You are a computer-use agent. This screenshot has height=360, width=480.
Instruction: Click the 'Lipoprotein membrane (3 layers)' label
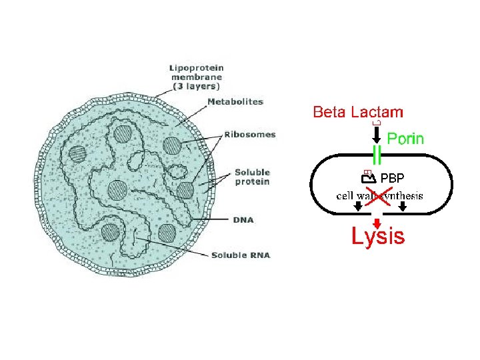(x=197, y=77)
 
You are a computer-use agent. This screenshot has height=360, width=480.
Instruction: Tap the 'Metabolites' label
(x=235, y=102)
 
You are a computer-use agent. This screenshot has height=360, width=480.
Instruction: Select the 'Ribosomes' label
(x=249, y=135)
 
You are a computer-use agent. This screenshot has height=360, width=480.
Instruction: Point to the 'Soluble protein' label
(x=252, y=177)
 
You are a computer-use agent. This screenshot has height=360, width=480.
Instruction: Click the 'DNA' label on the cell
(x=245, y=219)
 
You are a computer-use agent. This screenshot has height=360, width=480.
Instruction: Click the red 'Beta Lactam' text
(x=358, y=112)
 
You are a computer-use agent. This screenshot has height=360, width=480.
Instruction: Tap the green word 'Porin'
(x=405, y=139)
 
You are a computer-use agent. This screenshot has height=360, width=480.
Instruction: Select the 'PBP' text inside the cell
(x=392, y=178)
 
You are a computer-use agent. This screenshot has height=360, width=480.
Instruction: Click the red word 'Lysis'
(x=378, y=237)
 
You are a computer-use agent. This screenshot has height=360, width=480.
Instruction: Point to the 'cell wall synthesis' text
(x=379, y=196)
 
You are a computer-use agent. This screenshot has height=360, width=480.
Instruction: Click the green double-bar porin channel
(x=377, y=155)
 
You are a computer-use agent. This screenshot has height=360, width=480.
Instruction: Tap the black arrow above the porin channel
(x=377, y=135)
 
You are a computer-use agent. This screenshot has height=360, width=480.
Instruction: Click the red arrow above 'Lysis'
(x=377, y=223)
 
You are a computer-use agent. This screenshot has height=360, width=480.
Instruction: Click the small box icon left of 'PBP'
(x=367, y=178)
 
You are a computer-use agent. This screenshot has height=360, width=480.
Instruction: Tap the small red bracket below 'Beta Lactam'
(x=377, y=123)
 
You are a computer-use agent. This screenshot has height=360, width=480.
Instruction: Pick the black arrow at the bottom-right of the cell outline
(x=403, y=208)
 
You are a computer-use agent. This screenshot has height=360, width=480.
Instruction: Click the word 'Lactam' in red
(x=381, y=112)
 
